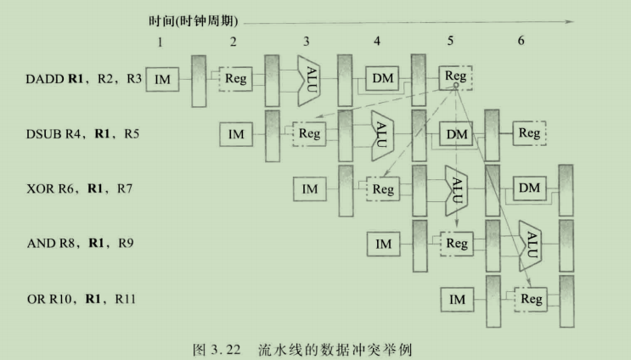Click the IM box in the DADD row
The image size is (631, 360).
(162, 80)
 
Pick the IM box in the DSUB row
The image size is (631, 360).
(236, 133)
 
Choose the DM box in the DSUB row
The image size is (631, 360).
(457, 133)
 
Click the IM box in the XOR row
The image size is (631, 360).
(310, 188)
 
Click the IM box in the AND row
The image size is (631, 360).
(384, 245)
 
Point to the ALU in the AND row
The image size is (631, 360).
(532, 244)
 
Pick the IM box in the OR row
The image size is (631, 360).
(457, 299)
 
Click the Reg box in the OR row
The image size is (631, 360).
(530, 299)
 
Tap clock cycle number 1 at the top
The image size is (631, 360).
(159, 41)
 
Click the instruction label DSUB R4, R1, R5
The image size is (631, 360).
(83, 133)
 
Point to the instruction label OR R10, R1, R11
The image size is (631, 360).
(82, 299)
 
